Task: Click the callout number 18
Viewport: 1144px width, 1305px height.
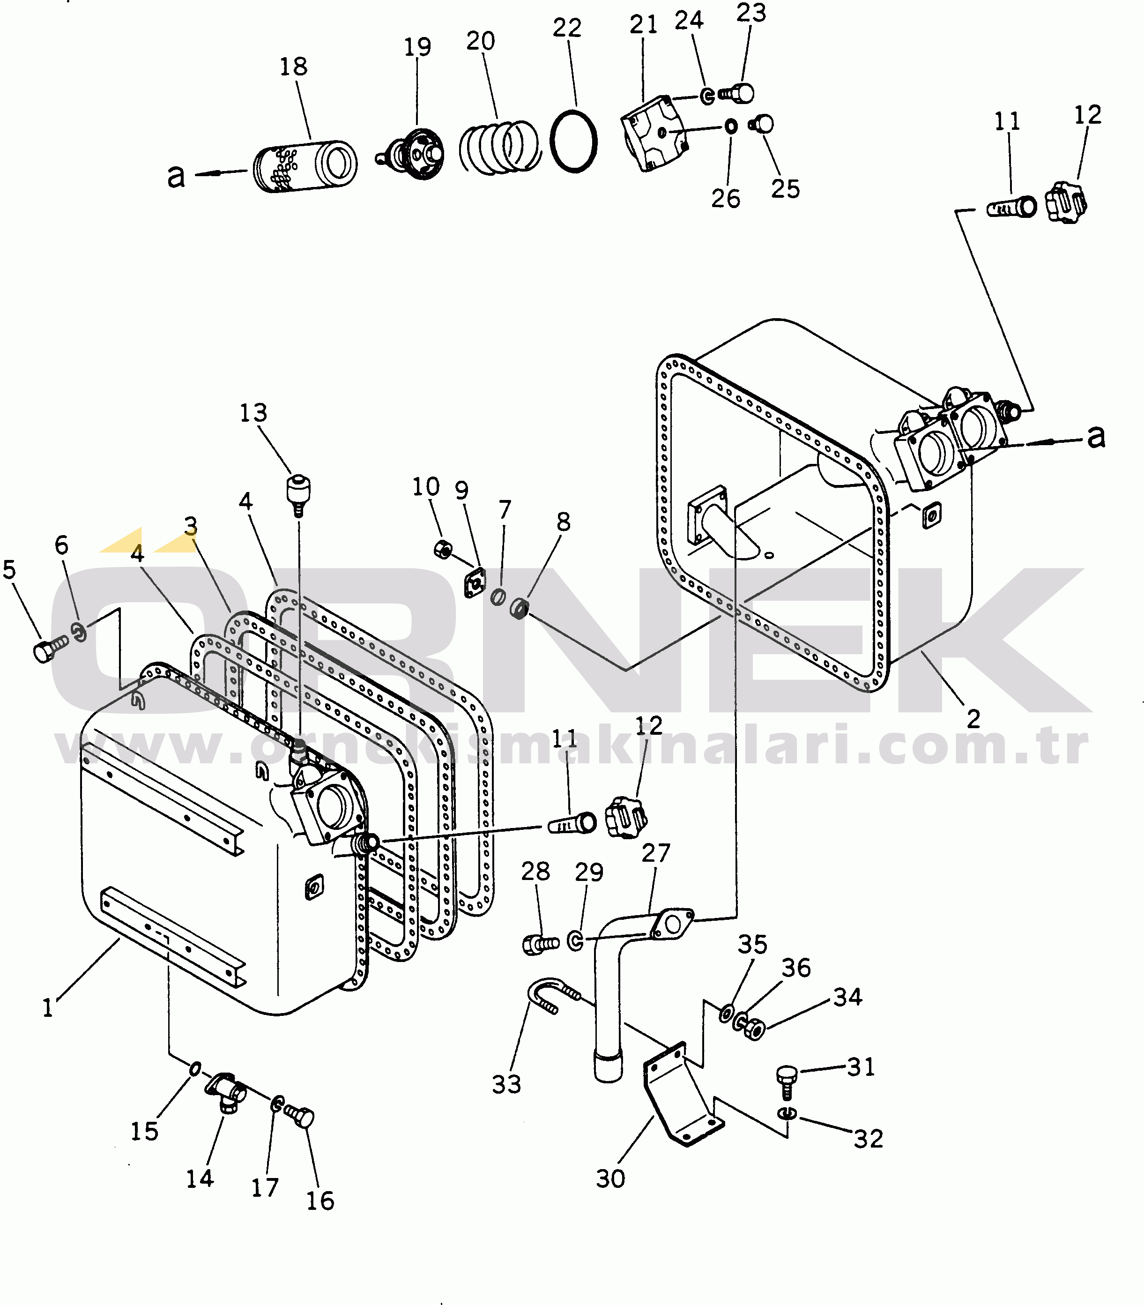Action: tap(294, 67)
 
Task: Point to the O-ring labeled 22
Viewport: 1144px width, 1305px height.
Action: tap(574, 141)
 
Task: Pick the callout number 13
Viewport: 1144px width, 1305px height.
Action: tap(253, 413)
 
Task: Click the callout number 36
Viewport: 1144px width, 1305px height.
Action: tap(796, 968)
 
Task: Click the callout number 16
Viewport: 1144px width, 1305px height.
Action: tap(320, 1201)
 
